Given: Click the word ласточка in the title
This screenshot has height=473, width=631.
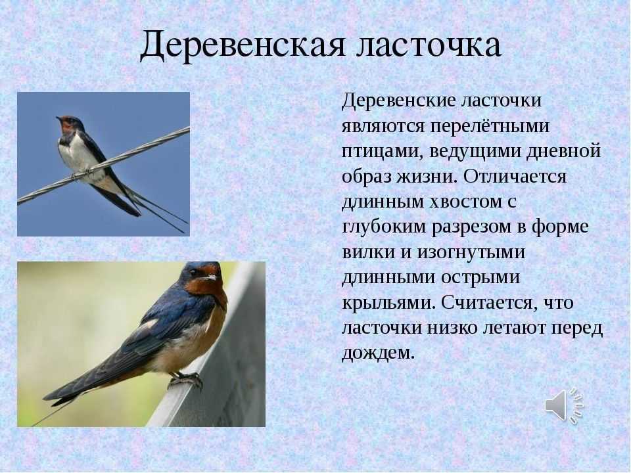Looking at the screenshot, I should (430, 45).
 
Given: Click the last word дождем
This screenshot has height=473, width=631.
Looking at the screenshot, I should (378, 353).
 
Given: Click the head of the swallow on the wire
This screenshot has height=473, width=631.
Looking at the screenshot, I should (68, 124).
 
